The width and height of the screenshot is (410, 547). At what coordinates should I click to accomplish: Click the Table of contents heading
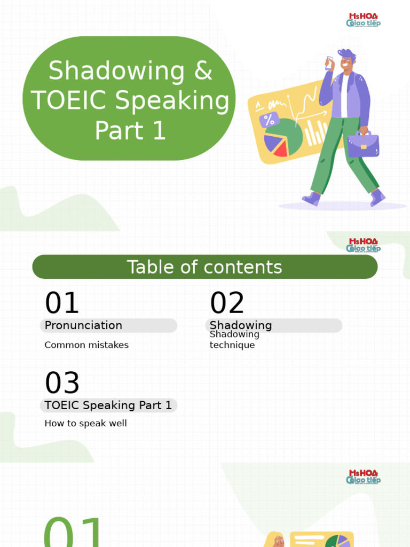(x=204, y=267)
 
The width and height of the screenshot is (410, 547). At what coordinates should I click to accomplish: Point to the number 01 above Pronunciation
(x=62, y=303)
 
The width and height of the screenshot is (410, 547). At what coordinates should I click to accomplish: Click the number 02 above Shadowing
(x=227, y=303)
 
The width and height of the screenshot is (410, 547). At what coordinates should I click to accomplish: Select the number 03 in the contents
(x=62, y=383)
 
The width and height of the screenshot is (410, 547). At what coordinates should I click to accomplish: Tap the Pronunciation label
(x=83, y=325)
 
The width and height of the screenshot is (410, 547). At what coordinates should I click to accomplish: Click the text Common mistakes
(x=86, y=345)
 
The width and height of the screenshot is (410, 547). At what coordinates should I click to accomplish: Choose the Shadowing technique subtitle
(x=234, y=340)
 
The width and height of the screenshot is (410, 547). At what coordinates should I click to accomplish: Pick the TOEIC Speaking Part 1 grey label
(x=108, y=405)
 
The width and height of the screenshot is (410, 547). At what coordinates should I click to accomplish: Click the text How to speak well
(x=85, y=424)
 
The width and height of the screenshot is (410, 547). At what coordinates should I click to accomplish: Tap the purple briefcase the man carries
(x=363, y=144)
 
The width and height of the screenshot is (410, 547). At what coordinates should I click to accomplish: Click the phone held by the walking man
(x=329, y=62)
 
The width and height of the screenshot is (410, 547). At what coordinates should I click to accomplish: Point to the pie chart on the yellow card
(x=283, y=138)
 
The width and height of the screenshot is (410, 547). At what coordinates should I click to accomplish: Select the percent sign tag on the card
(x=269, y=120)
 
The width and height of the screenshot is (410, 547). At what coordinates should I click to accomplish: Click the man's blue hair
(x=347, y=54)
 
